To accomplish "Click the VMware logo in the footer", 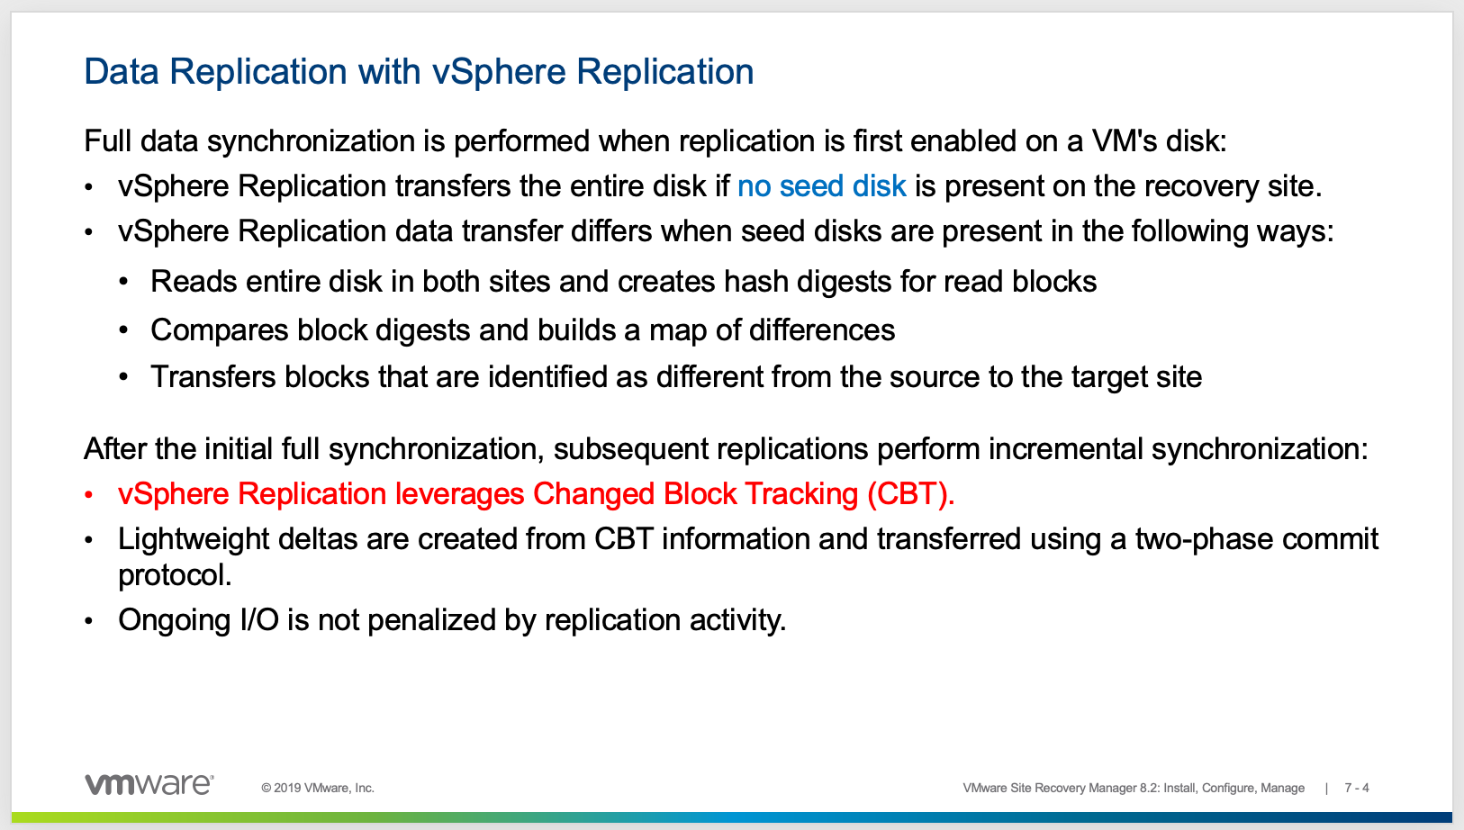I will (149, 784).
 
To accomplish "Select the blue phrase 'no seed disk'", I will (821, 186).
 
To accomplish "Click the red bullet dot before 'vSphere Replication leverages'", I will (88, 495).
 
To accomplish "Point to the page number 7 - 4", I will (1357, 788).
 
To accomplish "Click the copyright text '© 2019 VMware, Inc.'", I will (318, 788).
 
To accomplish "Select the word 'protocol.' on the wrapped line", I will (175, 575).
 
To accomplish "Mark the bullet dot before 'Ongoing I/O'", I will (88, 621).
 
